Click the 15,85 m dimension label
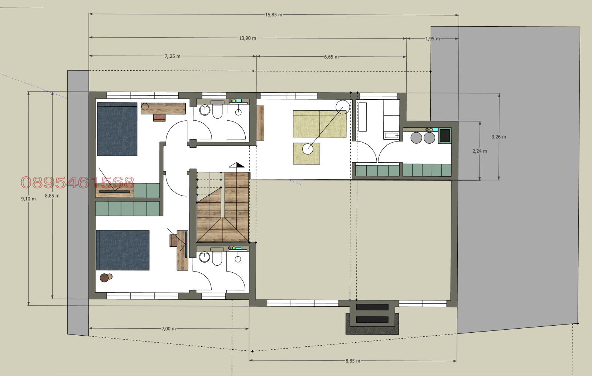pyautogui.click(x=273, y=15)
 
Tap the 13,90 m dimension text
pyautogui.click(x=248, y=38)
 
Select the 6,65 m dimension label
pyautogui.click(x=331, y=57)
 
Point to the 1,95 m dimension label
pyautogui.click(x=433, y=39)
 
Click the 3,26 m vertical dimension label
pyautogui.click(x=499, y=137)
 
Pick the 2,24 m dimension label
pyautogui.click(x=480, y=151)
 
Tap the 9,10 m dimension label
pyautogui.click(x=28, y=199)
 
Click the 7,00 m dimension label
pyautogui.click(x=169, y=329)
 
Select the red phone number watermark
pyautogui.click(x=77, y=183)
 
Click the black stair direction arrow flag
pyautogui.click(x=240, y=165)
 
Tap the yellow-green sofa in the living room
pyautogui.click(x=320, y=124)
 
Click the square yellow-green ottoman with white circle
pyautogui.click(x=306, y=154)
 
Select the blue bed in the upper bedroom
pyautogui.click(x=117, y=129)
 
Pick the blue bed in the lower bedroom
pyautogui.click(x=122, y=250)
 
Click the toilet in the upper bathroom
pyautogui.click(x=217, y=111)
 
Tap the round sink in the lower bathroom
pyautogui.click(x=204, y=257)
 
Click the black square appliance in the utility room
pyautogui.click(x=445, y=136)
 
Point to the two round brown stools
pyautogui.click(x=106, y=277)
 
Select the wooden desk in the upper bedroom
pyautogui.click(x=163, y=109)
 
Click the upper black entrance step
pyautogui.click(x=372, y=307)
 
